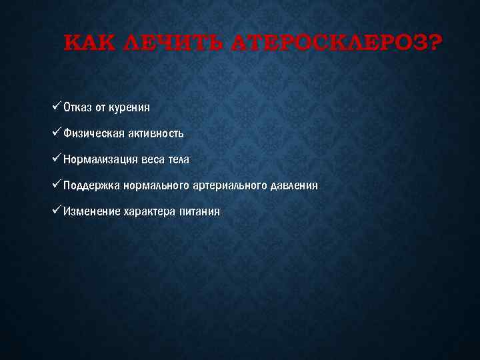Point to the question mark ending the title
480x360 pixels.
tap(433, 44)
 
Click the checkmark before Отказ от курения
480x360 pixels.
tap(56, 107)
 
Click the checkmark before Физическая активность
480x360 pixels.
tap(56, 133)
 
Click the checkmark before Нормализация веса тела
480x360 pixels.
tap(56, 159)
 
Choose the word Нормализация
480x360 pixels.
tap(101, 159)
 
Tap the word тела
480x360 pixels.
tap(177, 159)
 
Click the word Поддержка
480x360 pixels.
tap(91, 185)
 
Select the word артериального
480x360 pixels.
tap(229, 185)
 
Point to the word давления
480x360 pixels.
tap(295, 185)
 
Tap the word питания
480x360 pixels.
tap(199, 211)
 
